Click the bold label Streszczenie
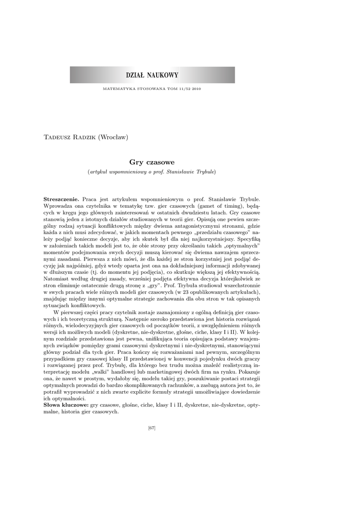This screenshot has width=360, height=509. coord(62,199)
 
